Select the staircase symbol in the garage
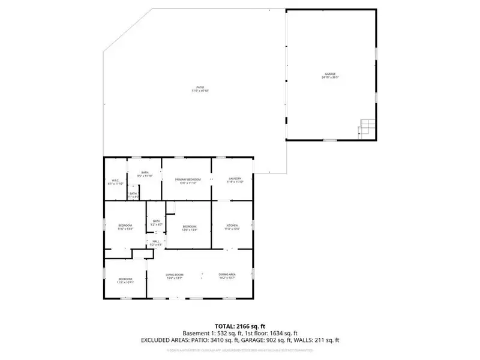click(366, 127)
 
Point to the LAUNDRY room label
click(235, 180)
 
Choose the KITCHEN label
click(232, 227)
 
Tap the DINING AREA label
click(227, 276)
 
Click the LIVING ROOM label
click(174, 276)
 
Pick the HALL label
click(155, 242)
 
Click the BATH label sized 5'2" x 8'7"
click(156, 223)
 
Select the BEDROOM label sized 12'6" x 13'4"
click(190, 227)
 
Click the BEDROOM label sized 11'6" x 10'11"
click(125, 280)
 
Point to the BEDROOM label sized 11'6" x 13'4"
click(125, 227)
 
